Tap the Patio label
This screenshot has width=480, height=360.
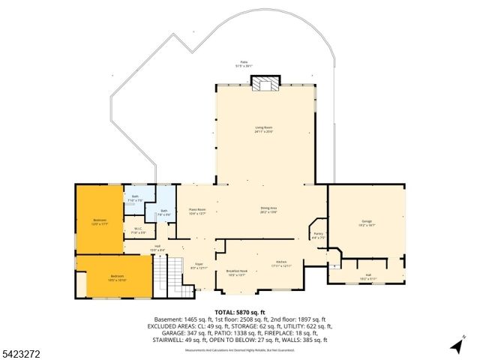[244, 64]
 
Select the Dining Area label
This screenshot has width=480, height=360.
[269, 211]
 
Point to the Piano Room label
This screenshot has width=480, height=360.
[197, 211]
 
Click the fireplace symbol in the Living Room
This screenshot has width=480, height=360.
[264, 84]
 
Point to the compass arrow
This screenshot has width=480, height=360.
[456, 345]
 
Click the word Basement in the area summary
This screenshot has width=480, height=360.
[168, 319]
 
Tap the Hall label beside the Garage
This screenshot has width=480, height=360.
[369, 277]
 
